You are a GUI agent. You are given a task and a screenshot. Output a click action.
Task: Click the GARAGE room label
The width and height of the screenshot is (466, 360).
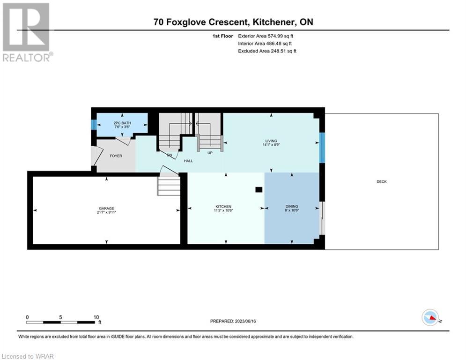[106, 209]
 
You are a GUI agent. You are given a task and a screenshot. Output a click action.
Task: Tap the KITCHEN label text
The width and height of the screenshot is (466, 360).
[223, 207]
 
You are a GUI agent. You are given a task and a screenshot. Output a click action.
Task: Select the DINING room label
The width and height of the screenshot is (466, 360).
[292, 207]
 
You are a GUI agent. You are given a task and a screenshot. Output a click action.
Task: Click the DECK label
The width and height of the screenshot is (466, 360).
[382, 182]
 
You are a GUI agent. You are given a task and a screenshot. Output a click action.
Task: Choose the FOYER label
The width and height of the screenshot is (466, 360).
[116, 156]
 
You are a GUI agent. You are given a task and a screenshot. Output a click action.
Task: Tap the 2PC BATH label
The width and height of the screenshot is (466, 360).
[122, 123]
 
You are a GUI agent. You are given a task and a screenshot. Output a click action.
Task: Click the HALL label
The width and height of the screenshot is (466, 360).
[188, 161]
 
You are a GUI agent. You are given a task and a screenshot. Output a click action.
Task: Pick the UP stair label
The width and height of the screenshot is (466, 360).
[210, 153]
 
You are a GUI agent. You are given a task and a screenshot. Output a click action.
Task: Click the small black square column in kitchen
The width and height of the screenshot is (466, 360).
[258, 190]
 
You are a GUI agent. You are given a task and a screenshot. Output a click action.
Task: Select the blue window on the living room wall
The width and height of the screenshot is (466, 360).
[322, 147]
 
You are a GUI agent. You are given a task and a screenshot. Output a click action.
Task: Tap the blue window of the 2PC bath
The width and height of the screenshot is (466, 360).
[94, 125]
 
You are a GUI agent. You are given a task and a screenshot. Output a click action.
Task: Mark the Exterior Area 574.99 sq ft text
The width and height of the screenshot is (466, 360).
[266, 36]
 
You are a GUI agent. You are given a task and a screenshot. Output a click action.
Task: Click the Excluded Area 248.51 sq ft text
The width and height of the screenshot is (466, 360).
[267, 51]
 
